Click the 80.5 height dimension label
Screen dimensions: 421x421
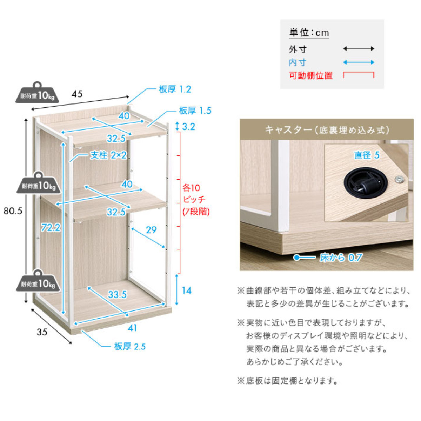tap(13, 211)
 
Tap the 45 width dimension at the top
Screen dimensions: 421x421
tap(77, 94)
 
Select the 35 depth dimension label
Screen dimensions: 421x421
tap(42, 332)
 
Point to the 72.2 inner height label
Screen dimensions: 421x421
tap(51, 228)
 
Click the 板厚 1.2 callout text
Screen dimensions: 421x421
tap(175, 89)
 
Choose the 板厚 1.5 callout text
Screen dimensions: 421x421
tap(195, 111)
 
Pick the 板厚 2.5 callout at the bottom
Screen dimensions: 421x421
tap(130, 347)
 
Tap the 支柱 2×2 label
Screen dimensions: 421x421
tap(108, 155)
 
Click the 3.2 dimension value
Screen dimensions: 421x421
tap(188, 127)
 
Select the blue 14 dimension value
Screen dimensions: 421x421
tap(187, 290)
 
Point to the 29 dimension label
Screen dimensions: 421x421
tap(152, 230)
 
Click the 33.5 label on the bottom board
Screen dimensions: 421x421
tap(117, 295)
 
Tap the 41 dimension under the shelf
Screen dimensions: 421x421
tap(132, 328)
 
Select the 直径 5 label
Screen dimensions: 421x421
tap(367, 155)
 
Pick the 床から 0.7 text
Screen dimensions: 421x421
tap(341, 258)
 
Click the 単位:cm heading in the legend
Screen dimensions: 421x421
tap(309, 33)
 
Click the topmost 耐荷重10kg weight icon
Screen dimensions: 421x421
tap(37, 92)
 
